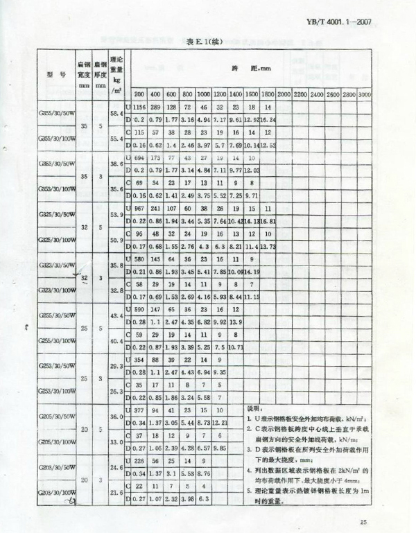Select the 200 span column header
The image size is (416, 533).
tap(139, 93)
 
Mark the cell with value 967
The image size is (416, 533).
tap(140, 208)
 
